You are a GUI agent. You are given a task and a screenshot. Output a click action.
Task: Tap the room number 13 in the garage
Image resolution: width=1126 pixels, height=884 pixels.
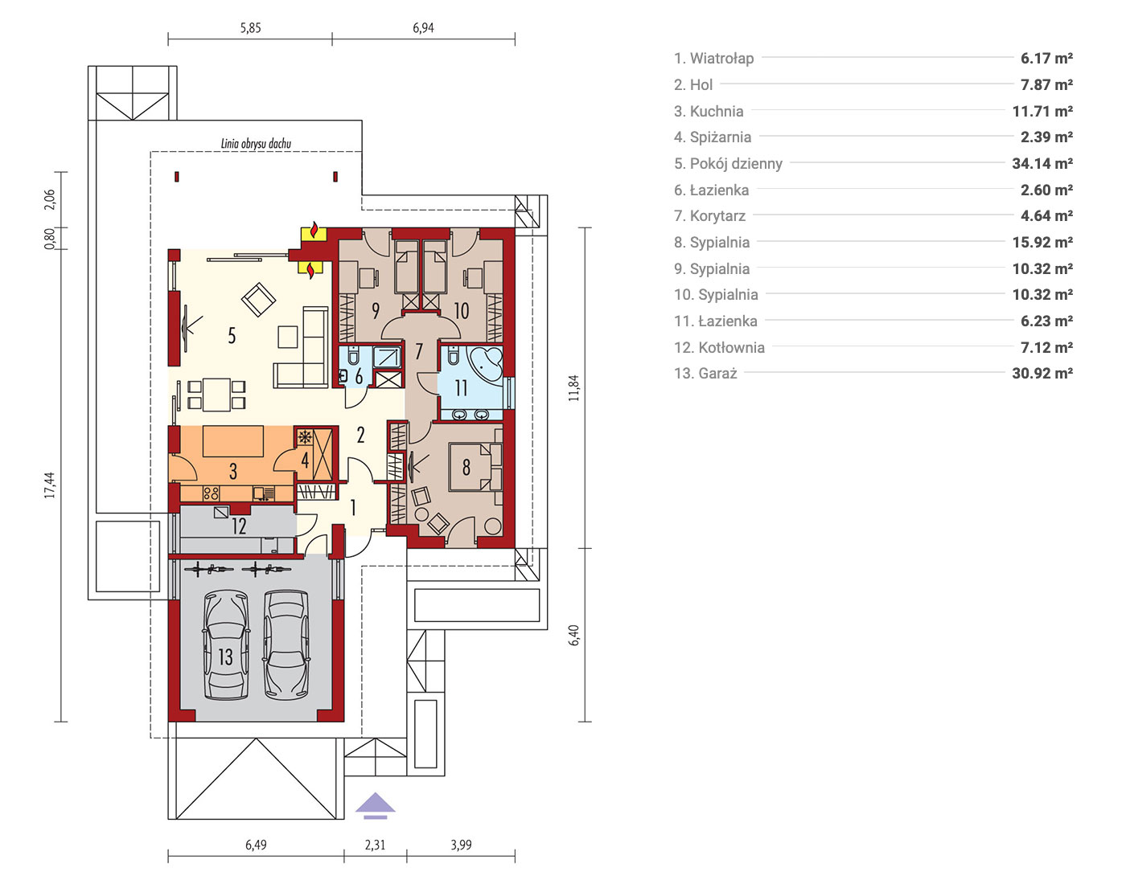point(225,657)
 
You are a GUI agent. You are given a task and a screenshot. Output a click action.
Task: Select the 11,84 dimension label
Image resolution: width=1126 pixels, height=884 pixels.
point(573,388)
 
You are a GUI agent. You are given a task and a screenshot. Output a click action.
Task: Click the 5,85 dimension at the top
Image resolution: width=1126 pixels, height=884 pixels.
point(250,28)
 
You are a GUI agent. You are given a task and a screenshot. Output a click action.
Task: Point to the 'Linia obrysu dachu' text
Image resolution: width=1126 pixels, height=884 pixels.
point(256,143)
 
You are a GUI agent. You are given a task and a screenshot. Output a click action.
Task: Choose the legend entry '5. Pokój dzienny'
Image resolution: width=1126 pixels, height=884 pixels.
point(728,164)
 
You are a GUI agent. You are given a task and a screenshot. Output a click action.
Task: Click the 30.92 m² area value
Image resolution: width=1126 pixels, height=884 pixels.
point(1042,373)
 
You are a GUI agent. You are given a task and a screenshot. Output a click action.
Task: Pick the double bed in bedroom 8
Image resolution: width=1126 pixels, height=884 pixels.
point(475,467)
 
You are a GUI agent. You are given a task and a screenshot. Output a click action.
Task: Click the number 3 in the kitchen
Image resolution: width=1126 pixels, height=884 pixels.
point(233,471)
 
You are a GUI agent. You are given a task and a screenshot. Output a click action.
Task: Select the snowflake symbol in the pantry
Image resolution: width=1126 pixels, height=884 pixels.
point(305,437)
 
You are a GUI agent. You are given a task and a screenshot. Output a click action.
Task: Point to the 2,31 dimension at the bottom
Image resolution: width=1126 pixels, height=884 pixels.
point(375,845)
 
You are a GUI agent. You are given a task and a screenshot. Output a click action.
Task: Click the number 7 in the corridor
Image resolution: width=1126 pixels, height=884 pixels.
point(419,352)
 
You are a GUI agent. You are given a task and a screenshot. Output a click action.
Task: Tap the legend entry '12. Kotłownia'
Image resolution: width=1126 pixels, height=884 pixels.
point(719,347)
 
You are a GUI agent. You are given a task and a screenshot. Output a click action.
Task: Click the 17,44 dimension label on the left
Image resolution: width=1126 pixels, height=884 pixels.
point(49,485)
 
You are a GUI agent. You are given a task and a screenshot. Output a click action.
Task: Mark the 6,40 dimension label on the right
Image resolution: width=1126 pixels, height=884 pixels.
point(573,635)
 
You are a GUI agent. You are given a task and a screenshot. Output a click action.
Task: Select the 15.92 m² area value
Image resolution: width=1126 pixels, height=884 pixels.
point(1042,242)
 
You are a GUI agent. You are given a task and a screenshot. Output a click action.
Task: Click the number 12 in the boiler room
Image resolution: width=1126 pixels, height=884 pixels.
point(238,526)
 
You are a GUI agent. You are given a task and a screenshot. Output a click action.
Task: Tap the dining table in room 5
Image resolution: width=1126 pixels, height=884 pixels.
point(216,395)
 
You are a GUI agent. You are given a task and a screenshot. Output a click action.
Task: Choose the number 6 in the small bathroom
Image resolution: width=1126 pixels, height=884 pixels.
point(359,376)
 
